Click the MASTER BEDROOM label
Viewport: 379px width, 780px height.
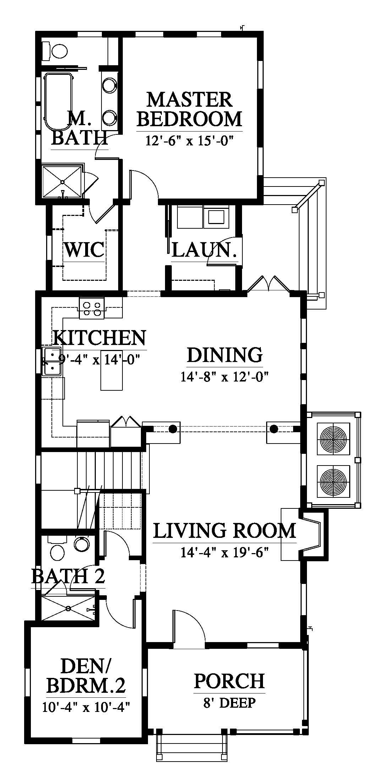click(189, 109)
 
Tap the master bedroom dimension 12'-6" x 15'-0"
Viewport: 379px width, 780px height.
click(189, 141)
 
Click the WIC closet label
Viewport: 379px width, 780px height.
click(84, 250)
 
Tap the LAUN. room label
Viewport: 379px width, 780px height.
click(204, 250)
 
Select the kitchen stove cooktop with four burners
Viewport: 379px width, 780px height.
click(92, 307)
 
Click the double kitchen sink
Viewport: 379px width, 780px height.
click(52, 362)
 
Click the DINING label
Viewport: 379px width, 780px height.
click(225, 355)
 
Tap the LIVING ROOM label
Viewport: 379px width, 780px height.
click(225, 531)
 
